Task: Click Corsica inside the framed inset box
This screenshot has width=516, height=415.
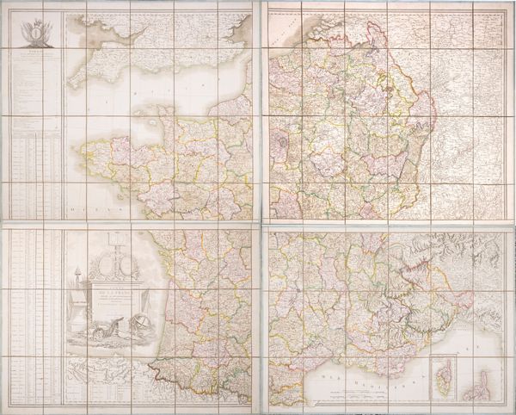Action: click(444, 376)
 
